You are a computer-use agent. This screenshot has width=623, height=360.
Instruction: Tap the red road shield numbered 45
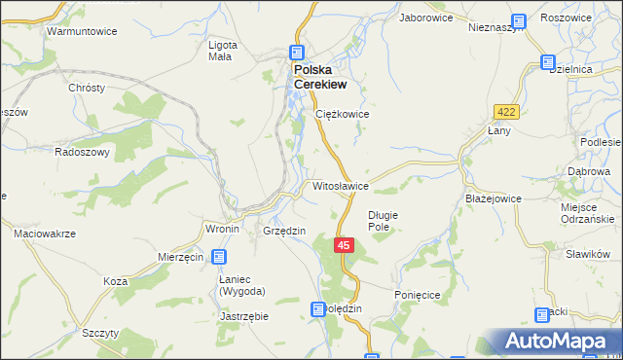pyautogui.click(x=344, y=246)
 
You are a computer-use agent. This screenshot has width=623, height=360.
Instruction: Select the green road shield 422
pyautogui.click(x=506, y=112)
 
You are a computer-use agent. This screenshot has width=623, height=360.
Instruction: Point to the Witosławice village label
pyautogui.click(x=340, y=185)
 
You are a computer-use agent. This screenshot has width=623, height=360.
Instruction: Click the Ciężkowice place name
pyautogui.click(x=343, y=114)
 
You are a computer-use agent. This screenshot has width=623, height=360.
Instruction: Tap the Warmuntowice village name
pyautogui.click(x=83, y=31)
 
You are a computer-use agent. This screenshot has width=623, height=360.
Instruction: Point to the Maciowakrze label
pyautogui.click(x=45, y=234)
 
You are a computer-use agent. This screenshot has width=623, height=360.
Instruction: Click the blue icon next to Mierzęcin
pyautogui.click(x=218, y=257)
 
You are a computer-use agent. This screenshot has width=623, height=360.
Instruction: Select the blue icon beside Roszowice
pyautogui.click(x=518, y=19)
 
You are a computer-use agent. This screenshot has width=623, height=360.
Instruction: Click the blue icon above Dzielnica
pyautogui.click(x=548, y=64)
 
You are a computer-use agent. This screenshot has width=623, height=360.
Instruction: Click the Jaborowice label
pyautogui.click(x=426, y=18)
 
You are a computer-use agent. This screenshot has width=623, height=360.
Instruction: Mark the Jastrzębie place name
pyautogui.click(x=244, y=316)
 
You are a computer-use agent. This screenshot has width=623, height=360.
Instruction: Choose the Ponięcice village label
pyautogui.click(x=420, y=294)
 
